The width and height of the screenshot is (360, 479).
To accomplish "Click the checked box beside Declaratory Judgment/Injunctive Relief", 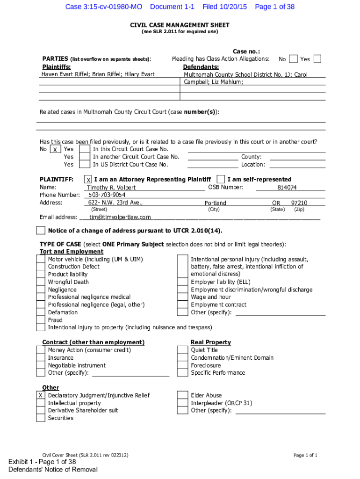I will pos(41,396).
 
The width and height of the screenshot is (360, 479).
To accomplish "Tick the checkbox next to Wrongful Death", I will pos(41,282).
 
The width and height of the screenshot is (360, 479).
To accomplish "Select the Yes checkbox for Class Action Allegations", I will pos(317,59).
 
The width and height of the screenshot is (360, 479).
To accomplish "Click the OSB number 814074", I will pos(287,188).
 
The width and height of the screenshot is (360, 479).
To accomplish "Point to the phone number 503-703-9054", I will pos(107,195).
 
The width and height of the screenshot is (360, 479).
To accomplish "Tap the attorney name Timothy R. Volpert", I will pos(112,188).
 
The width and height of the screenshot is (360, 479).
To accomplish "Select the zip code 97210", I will pos(299,203).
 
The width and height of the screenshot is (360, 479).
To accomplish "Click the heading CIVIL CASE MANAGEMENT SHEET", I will pos(180,24).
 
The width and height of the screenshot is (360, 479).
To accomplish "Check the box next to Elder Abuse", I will pos(182,396).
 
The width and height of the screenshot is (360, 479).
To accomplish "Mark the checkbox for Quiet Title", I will pos(182,350).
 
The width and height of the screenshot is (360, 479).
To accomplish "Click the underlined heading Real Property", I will pos(210,342).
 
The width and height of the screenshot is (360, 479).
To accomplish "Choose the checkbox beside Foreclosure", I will pos(182,365).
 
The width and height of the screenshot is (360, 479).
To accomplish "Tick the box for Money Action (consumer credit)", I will pos(41,350).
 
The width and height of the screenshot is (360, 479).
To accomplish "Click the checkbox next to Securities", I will pos(41,418).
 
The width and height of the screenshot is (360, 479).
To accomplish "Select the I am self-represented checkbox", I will pos(221,180).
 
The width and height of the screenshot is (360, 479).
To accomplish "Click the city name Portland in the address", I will pos(215,203).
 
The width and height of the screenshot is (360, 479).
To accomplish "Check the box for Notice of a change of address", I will pos(41,231).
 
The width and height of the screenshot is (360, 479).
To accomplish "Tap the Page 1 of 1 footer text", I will pos(305,455).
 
